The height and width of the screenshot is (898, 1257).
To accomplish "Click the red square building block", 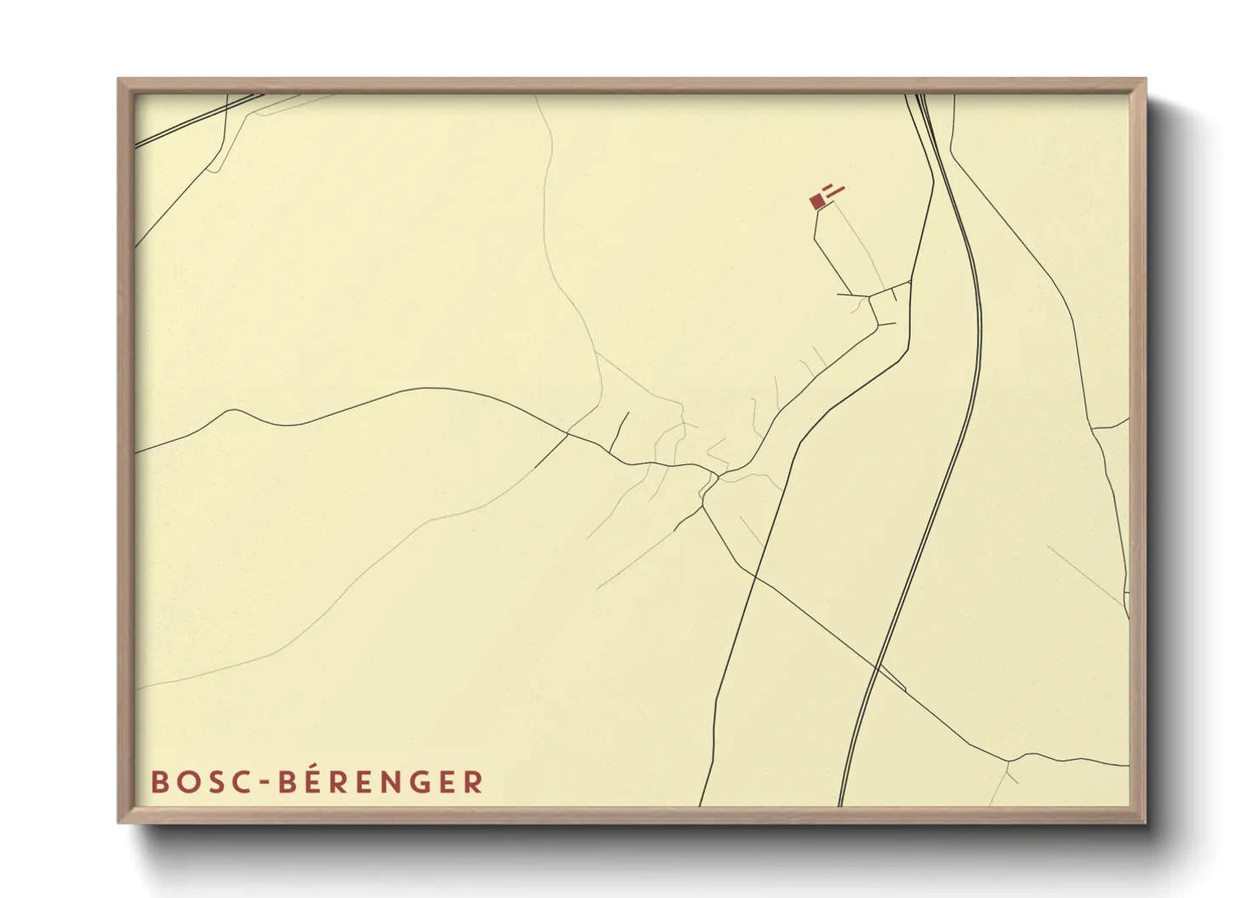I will click(x=817, y=202).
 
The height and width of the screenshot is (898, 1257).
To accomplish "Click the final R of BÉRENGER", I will click(x=474, y=782).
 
